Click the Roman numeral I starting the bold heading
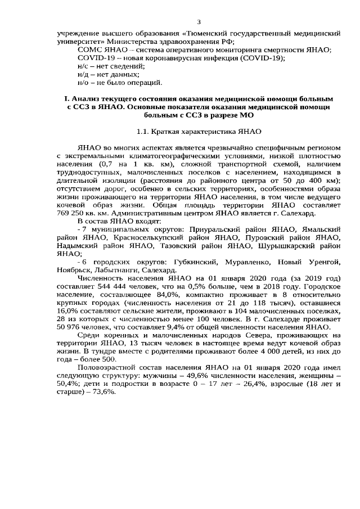(66, 99)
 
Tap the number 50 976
(72, 327)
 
